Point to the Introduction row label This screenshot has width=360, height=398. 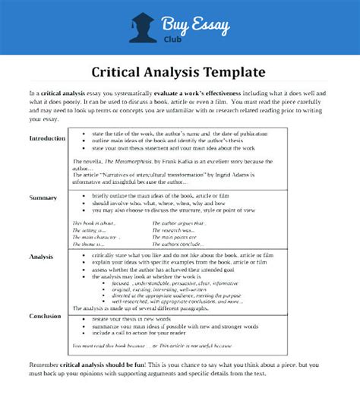click(48, 138)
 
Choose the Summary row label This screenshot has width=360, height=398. click(43, 197)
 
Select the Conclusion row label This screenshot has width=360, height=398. click(45, 315)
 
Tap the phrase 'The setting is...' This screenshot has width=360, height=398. click(90, 229)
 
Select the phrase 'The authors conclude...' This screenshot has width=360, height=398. click(177, 243)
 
